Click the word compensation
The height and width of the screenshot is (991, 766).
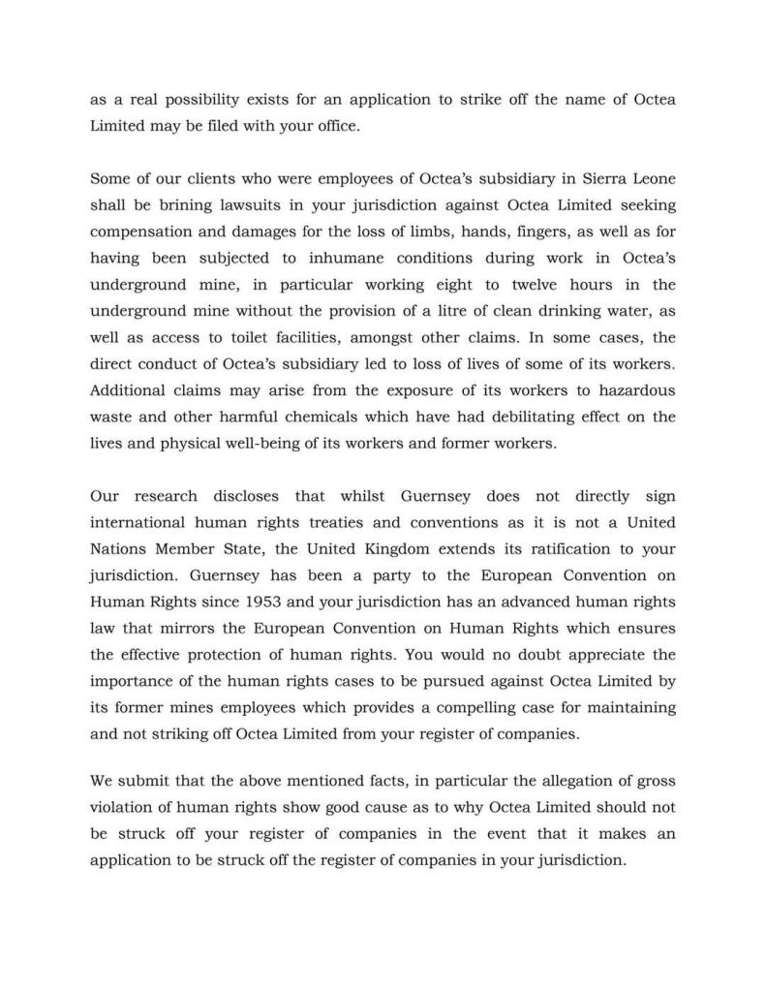(140, 232)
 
